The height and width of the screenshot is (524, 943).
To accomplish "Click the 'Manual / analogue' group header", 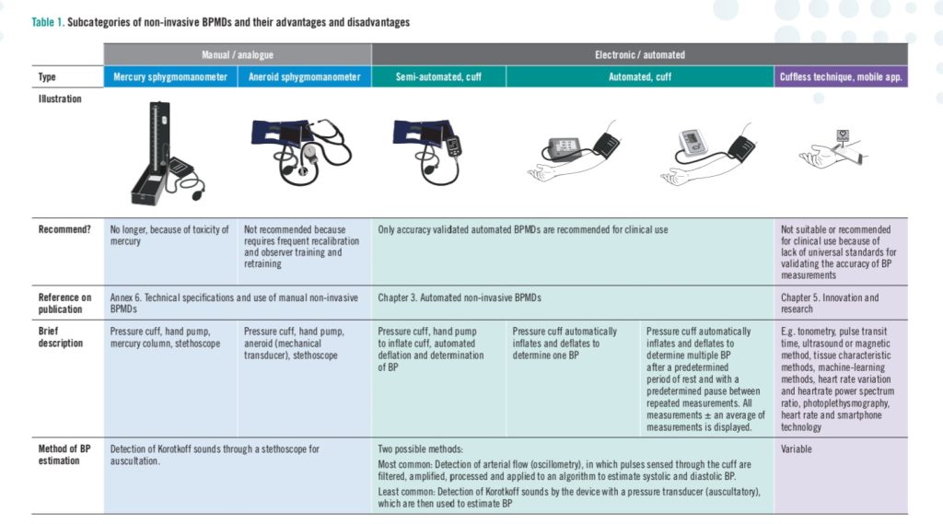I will click(238, 55).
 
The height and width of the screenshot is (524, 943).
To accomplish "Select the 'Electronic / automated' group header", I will click(639, 55).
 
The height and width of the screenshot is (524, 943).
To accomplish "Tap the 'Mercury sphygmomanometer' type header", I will click(170, 77).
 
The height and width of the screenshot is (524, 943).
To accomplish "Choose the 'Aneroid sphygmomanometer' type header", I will click(304, 77).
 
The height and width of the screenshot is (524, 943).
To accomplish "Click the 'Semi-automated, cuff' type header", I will click(438, 77).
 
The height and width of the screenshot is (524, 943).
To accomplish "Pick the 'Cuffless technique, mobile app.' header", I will click(842, 77).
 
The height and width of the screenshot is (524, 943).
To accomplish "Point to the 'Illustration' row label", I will click(59, 99).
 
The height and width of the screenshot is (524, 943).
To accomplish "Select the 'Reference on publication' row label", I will click(64, 303).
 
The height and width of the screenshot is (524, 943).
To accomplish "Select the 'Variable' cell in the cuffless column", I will click(797, 449).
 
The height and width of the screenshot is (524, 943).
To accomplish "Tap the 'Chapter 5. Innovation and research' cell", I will click(830, 303).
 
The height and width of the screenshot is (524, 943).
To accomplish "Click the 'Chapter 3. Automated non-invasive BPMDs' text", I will click(458, 298).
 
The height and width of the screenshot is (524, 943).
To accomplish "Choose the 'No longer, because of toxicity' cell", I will click(169, 235).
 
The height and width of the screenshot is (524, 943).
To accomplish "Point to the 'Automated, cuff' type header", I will click(639, 77).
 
